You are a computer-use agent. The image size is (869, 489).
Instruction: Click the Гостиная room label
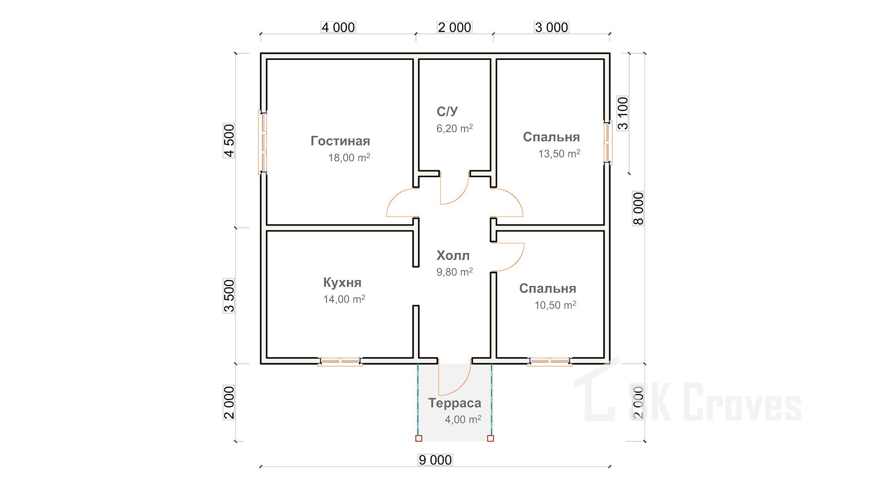click(340, 141)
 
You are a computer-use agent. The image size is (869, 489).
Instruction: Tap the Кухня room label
click(342, 283)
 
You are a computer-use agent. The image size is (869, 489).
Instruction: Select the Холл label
click(453, 256)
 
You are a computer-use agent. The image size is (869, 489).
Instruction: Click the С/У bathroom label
click(447, 111)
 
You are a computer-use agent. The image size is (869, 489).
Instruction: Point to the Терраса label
click(455, 403)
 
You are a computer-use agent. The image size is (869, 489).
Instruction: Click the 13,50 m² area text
click(559, 154)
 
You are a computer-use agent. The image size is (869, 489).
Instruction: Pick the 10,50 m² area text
click(555, 305)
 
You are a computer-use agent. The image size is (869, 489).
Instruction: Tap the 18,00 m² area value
click(349, 158)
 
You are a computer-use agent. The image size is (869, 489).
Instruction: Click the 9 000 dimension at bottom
click(435, 460)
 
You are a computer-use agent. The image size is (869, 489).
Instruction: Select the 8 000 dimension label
click(638, 208)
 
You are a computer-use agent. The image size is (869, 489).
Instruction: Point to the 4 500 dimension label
click(229, 140)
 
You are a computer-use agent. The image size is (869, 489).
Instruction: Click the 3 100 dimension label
click(623, 113)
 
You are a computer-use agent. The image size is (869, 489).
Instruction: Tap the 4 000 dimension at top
click(338, 28)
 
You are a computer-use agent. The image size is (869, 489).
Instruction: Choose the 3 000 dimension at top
click(551, 28)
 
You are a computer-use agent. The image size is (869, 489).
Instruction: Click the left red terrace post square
click(419, 438)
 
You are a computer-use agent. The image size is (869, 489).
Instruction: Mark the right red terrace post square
click(491, 438)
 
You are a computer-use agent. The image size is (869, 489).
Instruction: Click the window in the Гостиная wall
click(263, 142)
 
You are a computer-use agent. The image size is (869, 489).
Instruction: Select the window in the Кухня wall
click(340, 361)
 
